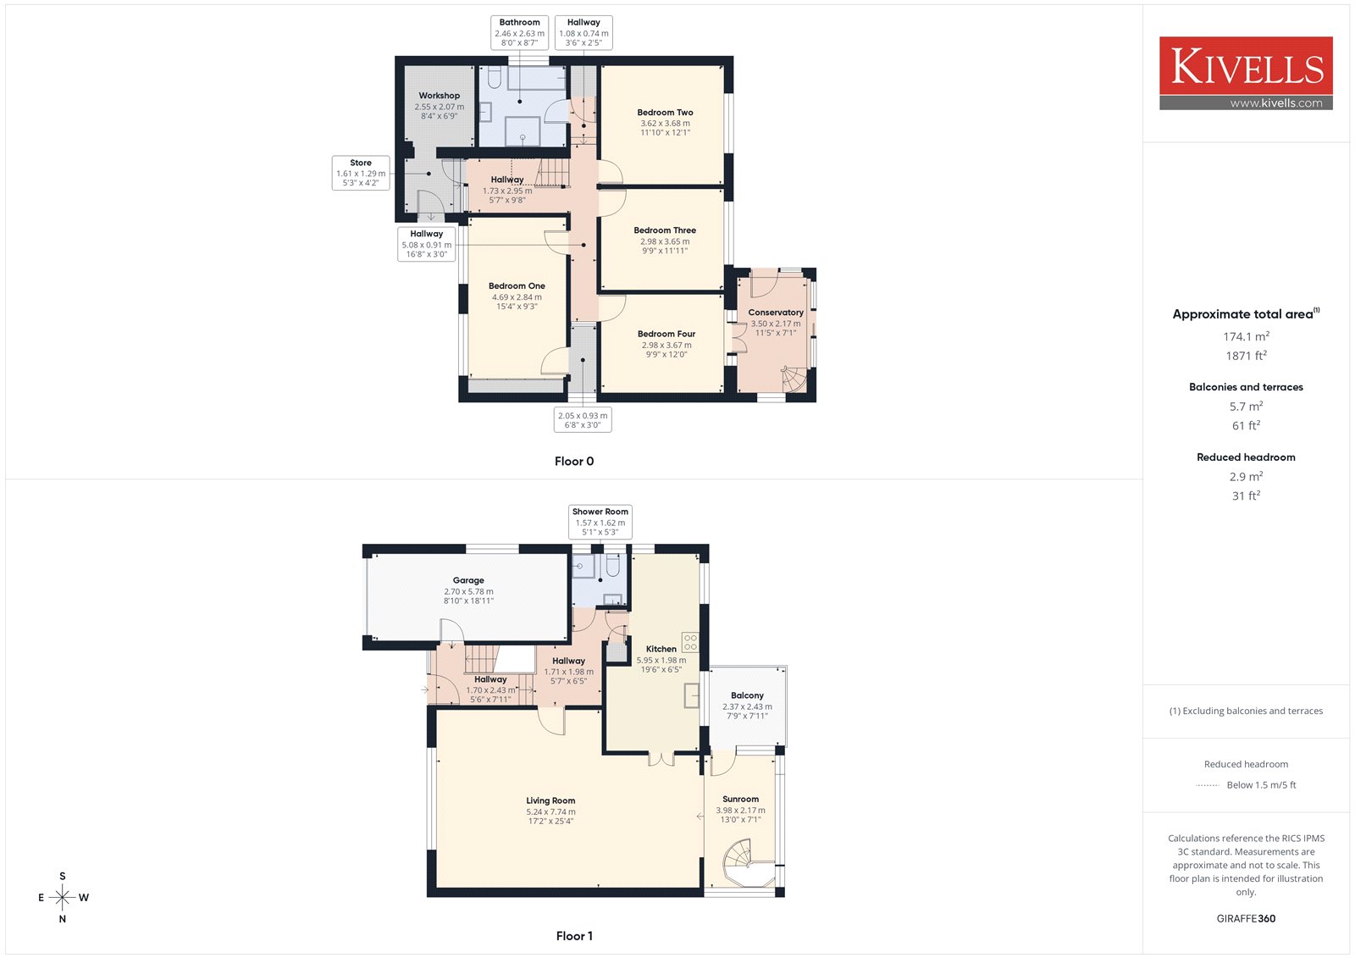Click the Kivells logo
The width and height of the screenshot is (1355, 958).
tap(1246, 73)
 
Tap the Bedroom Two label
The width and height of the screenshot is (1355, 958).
tap(665, 113)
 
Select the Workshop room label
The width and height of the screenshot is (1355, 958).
tap(440, 96)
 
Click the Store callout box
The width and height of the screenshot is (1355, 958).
tap(361, 173)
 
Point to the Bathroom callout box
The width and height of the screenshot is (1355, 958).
tap(520, 33)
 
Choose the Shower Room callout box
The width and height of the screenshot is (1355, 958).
tap(600, 522)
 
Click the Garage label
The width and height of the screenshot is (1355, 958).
tap(468, 580)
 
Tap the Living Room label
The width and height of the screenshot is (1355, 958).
tap(550, 800)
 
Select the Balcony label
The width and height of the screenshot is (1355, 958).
tap(747, 696)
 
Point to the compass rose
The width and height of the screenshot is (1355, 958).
tap(63, 897)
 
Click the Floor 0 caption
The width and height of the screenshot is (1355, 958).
tap(574, 461)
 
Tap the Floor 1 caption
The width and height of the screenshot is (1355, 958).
tap(574, 936)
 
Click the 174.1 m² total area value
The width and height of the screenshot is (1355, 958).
tap(1246, 336)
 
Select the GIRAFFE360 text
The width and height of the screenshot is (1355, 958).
tap(1246, 918)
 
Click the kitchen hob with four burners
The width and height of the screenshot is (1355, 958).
tap(690, 642)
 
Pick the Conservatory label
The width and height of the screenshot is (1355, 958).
tap(776, 313)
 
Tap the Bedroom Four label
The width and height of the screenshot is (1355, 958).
tap(666, 334)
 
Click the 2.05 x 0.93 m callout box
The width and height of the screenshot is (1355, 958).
tap(583, 419)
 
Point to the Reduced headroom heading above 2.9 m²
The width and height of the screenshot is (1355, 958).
tap(1246, 457)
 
